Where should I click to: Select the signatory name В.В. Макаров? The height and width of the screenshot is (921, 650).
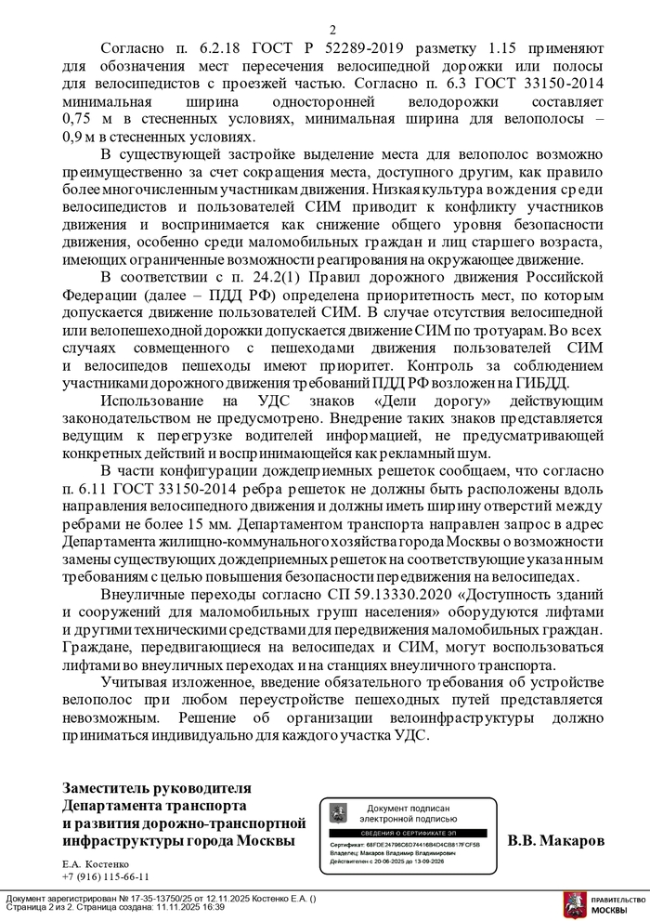(x=555, y=840)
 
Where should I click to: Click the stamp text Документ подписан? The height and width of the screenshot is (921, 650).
(x=408, y=809)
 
